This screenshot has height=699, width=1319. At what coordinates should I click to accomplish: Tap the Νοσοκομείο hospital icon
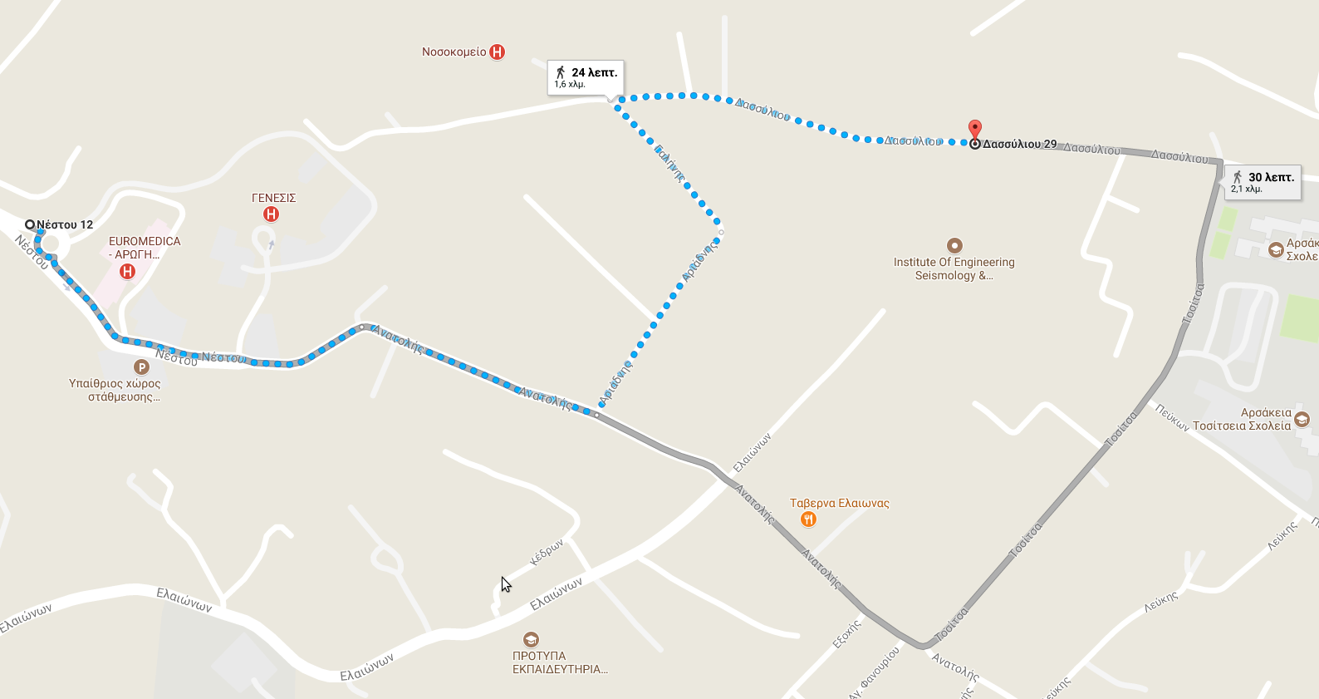point(497,52)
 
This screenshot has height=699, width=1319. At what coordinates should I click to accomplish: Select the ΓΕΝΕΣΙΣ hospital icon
point(271,214)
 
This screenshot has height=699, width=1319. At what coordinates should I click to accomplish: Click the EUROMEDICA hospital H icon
point(127,271)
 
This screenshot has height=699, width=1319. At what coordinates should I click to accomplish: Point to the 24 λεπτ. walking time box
point(586,77)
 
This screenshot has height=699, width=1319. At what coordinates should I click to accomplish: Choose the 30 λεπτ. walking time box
point(1263,182)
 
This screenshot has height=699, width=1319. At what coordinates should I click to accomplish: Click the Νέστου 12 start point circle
point(30,224)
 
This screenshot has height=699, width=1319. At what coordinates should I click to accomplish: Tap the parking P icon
point(141,367)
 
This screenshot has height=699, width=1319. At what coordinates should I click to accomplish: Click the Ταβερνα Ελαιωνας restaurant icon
point(808,519)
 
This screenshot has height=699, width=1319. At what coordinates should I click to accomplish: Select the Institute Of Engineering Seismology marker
point(954,245)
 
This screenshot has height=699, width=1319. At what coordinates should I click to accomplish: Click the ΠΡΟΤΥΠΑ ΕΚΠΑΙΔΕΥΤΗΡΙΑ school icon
point(531,639)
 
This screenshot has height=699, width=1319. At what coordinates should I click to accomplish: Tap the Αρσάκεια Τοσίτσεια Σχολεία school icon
point(1302,420)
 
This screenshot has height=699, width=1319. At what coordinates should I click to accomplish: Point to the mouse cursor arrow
point(505,583)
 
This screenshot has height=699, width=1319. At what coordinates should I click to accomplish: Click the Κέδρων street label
point(547,552)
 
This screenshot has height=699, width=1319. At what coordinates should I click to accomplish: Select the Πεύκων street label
point(1172,417)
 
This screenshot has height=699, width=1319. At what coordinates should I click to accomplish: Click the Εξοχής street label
point(847,634)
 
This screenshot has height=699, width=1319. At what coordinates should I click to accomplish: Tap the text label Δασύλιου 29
point(1020,144)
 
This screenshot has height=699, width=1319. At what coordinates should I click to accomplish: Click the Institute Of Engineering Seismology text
point(954,268)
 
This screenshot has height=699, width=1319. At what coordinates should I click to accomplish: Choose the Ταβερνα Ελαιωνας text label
point(839,503)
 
